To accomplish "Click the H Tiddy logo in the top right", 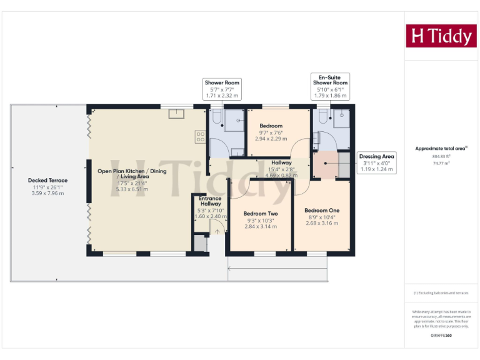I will point(441,36).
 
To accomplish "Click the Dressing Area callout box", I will point(376,162).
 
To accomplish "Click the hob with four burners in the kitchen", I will point(201,136).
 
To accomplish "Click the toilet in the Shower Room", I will point(216,117).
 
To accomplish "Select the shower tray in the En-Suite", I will point(341,120).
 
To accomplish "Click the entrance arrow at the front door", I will point(217,231).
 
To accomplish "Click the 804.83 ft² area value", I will point(441,156).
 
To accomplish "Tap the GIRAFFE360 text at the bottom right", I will point(441,336).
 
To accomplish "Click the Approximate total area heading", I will point(441,148).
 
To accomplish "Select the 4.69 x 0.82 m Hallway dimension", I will point(281,175).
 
